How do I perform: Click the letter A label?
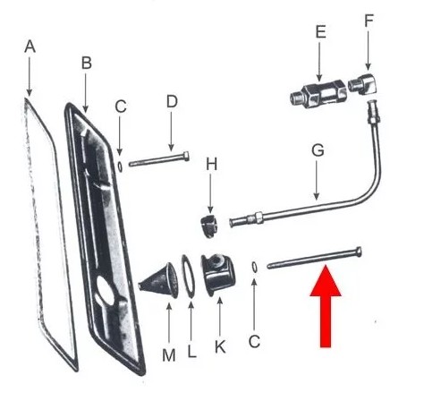[30, 47]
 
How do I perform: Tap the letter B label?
[87, 64]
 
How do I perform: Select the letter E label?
[320, 32]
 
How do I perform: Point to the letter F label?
[369, 21]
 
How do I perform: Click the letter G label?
[318, 150]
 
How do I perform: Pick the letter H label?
[212, 165]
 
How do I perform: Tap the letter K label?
[220, 347]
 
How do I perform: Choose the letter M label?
[169, 355]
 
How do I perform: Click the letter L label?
[191, 352]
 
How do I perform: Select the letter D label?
[172, 102]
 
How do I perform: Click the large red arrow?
[326, 306]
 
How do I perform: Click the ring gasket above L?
[188, 276]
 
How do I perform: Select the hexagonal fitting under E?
[318, 94]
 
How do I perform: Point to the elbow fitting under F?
[363, 84]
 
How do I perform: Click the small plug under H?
[208, 226]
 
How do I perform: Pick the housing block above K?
[218, 274]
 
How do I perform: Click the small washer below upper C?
[120, 166]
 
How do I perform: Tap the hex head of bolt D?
[185, 157]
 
